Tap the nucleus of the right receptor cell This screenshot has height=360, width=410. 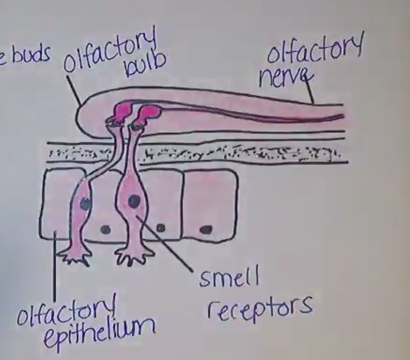(x=134, y=201)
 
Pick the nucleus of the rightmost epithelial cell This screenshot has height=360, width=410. (x=206, y=230)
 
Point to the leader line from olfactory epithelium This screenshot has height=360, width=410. (x=54, y=271)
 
